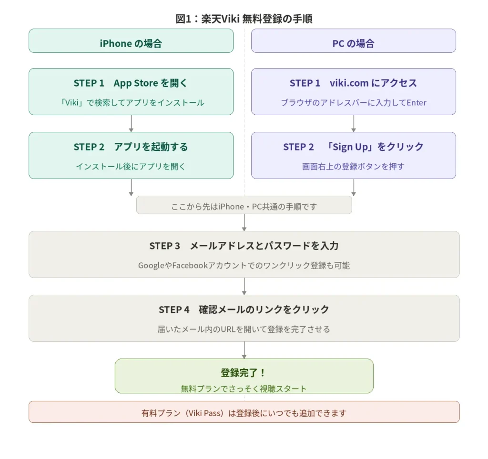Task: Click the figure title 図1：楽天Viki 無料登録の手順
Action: (x=244, y=19)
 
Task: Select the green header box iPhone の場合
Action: (x=131, y=43)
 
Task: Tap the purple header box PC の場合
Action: (x=353, y=43)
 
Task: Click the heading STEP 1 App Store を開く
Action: (x=131, y=83)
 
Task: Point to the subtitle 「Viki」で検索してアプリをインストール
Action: (x=131, y=102)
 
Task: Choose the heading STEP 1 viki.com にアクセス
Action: (x=353, y=83)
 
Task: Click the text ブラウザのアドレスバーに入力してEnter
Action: (x=353, y=102)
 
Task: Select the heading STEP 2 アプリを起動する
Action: (x=131, y=147)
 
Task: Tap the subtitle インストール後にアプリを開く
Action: (x=131, y=166)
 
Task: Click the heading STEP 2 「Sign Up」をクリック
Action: (x=353, y=147)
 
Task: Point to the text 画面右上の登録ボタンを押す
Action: (x=353, y=166)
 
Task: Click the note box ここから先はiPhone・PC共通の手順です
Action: (x=244, y=206)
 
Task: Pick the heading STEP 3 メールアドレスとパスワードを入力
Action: (x=244, y=246)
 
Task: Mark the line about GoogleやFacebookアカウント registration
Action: (x=244, y=265)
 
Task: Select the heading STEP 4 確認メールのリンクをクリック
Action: (x=244, y=309)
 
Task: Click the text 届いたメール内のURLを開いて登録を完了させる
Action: (x=244, y=329)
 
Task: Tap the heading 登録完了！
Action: (x=244, y=372)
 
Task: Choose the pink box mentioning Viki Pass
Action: (x=244, y=412)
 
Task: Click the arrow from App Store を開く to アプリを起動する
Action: (x=131, y=123)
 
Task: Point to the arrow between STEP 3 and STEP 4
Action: (x=244, y=286)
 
